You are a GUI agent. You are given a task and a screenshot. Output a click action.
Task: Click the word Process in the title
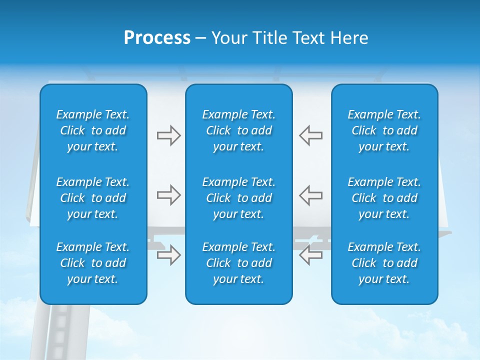157,38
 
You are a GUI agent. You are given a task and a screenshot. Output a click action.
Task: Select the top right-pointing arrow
168,135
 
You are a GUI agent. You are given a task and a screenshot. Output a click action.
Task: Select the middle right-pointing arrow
168,195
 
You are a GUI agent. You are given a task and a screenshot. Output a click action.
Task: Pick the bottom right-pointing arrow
168,255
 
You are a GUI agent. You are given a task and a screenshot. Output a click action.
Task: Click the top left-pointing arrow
311,135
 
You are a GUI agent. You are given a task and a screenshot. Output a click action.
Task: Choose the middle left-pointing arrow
311,195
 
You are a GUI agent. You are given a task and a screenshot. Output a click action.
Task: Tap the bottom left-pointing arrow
311,255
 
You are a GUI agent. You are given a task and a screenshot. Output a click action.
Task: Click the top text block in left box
93,130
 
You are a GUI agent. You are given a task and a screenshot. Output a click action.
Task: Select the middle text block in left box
93,198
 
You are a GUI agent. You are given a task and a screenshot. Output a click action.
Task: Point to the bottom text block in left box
93,263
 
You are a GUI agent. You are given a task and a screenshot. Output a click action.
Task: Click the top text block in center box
239,130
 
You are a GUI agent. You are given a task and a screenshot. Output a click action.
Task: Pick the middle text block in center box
239,198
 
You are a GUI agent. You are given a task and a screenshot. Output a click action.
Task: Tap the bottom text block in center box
239,263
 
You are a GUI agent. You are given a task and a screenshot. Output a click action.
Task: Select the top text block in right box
384,130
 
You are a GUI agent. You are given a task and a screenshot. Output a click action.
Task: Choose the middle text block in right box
384,198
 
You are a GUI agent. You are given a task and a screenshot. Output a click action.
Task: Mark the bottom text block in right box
384,263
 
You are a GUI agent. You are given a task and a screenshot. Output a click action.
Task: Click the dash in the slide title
200,38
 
